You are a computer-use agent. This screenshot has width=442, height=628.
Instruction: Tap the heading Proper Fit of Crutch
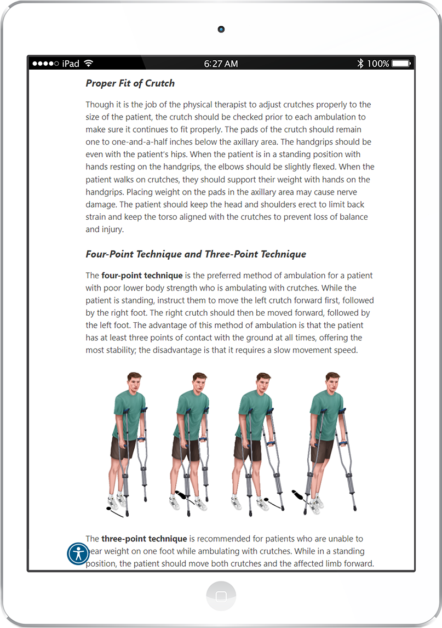(130, 83)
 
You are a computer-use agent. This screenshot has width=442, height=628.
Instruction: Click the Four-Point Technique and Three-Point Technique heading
(196, 254)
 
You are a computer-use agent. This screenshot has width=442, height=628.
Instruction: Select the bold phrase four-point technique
(142, 275)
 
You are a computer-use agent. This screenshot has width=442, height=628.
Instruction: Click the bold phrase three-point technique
(144, 539)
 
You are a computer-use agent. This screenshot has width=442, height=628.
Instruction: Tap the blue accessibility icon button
(78, 553)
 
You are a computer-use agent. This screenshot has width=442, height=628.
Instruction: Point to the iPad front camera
(221, 29)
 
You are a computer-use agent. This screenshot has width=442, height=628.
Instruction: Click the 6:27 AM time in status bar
(221, 64)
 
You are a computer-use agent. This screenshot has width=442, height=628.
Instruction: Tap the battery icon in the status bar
(401, 64)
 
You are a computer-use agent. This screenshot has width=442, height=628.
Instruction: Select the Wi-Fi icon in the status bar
(89, 64)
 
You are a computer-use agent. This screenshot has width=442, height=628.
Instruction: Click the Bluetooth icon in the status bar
(360, 64)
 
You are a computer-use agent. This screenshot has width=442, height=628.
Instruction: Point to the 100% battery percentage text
(378, 64)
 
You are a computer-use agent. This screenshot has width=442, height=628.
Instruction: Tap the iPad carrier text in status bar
(71, 64)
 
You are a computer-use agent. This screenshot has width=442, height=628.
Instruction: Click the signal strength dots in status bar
(45, 64)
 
